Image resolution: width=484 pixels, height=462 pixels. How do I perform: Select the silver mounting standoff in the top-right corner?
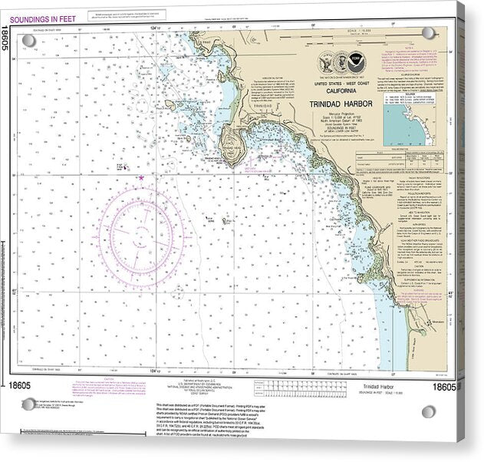pyautogui.click(x=427, y=32)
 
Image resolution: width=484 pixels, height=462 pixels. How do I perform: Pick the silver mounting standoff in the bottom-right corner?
pyautogui.click(x=428, y=411)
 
